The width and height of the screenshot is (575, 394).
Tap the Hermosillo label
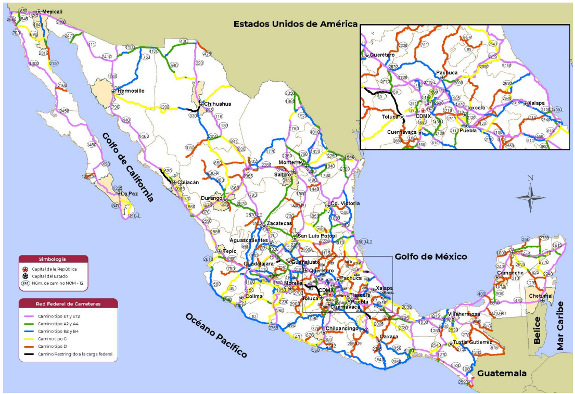tap(131, 91)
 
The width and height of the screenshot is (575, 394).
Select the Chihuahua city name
tap(217, 104)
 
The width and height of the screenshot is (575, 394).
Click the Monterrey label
tap(290, 162)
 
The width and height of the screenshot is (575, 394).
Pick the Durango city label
tap(212, 198)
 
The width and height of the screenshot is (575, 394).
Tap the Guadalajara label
tap(259, 264)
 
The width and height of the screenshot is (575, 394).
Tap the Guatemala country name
tap(502, 373)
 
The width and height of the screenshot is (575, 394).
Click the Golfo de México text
tap(430, 257)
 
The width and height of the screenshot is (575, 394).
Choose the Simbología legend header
tap(53, 259)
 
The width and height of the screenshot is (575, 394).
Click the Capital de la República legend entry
tap(58, 269)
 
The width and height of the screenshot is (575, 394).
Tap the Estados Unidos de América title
tap(295, 23)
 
